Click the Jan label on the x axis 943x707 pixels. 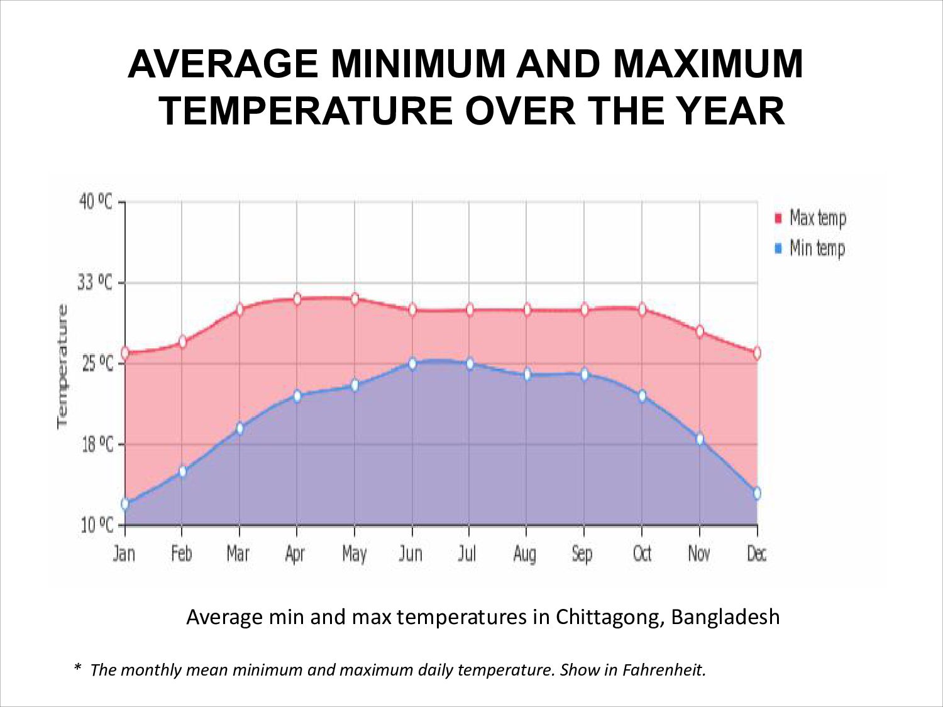(x=124, y=554)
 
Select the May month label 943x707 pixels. (x=354, y=554)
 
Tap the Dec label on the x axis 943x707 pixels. (x=757, y=554)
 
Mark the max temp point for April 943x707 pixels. (x=297, y=299)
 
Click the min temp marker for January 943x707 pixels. (x=124, y=503)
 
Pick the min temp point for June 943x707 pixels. (x=412, y=363)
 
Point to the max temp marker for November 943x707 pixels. (x=699, y=331)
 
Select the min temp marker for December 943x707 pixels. (x=757, y=493)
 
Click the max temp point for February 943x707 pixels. (x=182, y=342)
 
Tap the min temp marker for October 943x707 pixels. (x=642, y=396)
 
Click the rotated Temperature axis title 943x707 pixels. (x=62, y=366)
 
